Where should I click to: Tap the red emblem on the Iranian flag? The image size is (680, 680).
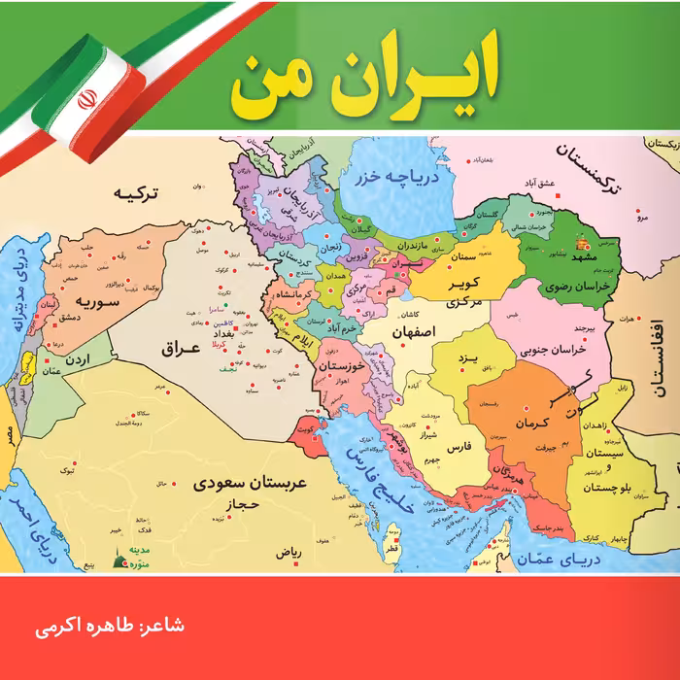coord(85,99)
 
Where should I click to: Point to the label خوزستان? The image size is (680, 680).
coord(345,367)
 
